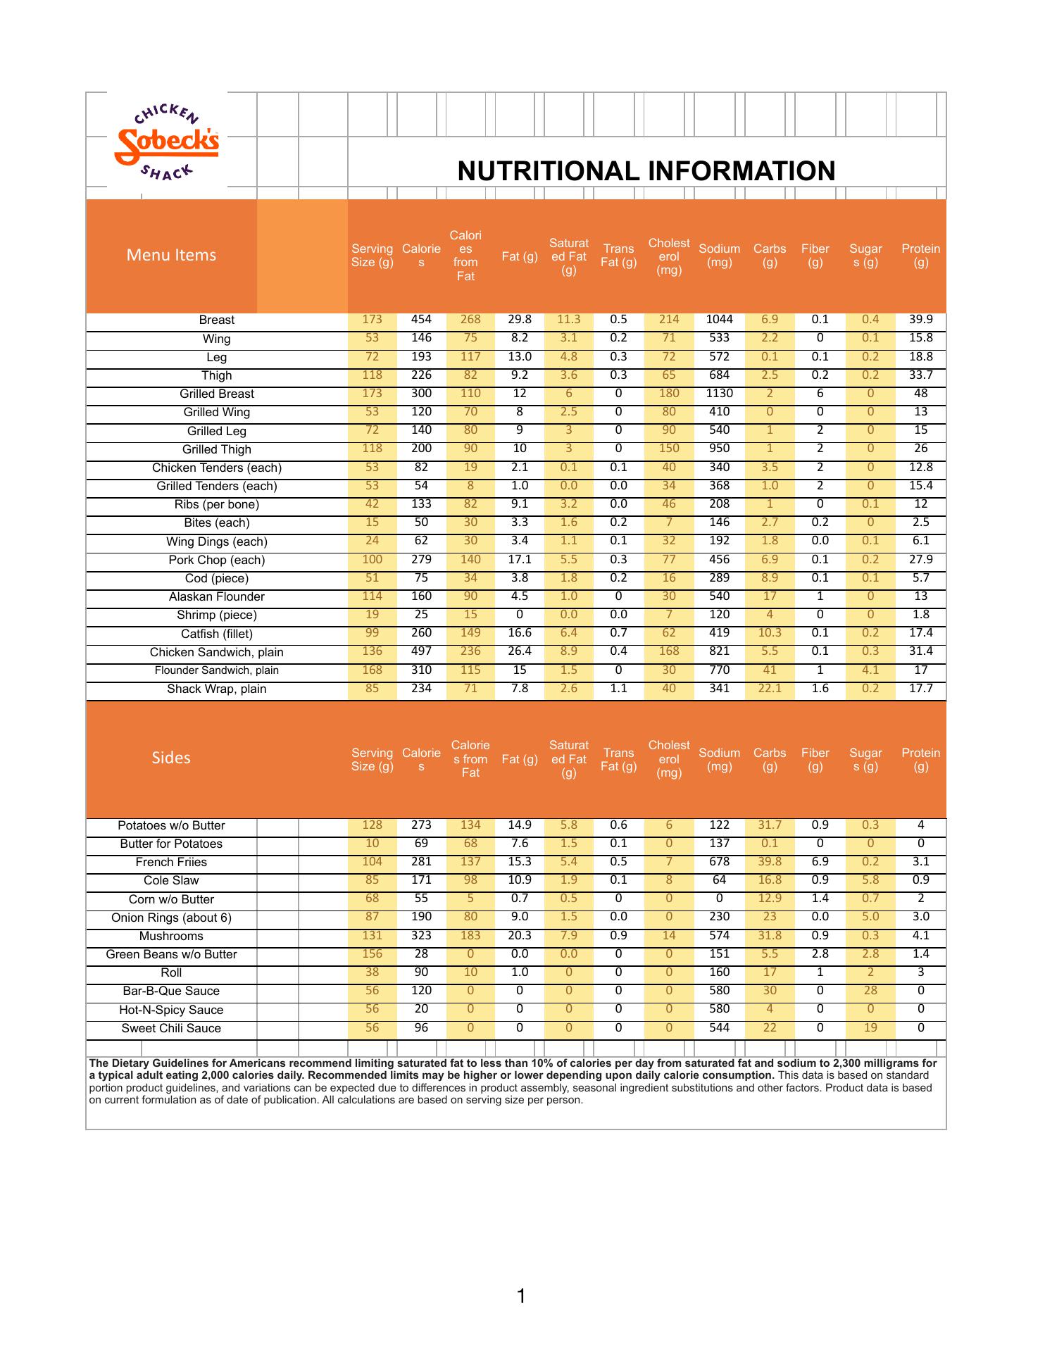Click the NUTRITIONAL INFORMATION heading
pos(646,171)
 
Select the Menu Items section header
pos(171,255)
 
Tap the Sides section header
pos(171,758)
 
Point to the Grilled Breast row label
pos(216,394)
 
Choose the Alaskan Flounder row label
pos(216,596)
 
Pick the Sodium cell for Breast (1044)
pos(719,319)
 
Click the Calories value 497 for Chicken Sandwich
pos(421,651)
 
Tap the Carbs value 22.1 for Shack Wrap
pos(770,688)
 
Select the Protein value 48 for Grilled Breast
pos(920,393)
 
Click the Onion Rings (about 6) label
pos(171,918)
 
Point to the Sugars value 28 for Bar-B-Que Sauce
pos(870,990)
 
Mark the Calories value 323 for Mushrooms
pos(421,935)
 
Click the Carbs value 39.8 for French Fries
pos(770,861)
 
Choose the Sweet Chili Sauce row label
pos(171,1028)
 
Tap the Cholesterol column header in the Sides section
pos(668,759)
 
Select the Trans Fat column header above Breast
pos(618,256)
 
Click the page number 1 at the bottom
pos(521,1295)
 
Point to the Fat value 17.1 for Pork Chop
pos(520,559)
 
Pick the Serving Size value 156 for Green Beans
pos(372,953)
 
